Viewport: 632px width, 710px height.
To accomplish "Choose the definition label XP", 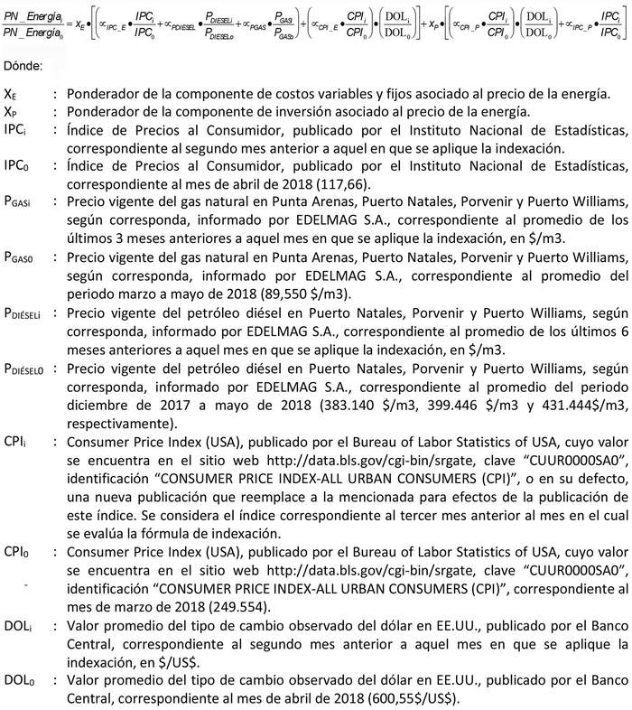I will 10,113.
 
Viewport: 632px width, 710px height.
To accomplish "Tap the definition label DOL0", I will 18,677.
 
